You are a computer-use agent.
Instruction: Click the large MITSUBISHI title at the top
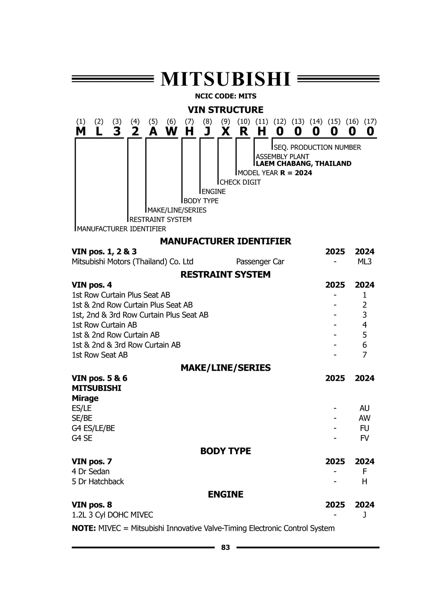(225, 79)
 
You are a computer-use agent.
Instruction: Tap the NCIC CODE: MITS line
(225, 96)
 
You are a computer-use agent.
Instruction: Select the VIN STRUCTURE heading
(225, 110)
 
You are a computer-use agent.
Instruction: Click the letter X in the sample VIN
(225, 131)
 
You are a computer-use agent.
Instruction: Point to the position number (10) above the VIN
(244, 122)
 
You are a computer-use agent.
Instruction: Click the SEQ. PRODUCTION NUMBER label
(318, 147)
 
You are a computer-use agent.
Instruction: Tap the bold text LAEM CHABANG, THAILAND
(304, 163)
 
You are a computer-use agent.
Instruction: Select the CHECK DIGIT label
(240, 182)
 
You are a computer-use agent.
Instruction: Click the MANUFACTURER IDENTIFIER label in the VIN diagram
(122, 229)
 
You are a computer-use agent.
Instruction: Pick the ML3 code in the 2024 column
(364, 262)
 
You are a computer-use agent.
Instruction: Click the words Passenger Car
(260, 262)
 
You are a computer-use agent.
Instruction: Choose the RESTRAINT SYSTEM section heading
(225, 274)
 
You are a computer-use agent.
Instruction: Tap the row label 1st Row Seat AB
(100, 355)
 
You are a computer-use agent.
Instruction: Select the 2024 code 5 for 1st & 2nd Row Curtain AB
(364, 335)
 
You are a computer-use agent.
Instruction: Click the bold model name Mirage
(85, 398)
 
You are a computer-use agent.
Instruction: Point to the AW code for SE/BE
(364, 418)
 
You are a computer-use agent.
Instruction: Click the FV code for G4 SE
(364, 438)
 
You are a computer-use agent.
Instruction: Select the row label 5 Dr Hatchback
(98, 481)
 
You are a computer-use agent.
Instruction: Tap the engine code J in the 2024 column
(364, 515)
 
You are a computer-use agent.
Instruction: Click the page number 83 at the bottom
(225, 547)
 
